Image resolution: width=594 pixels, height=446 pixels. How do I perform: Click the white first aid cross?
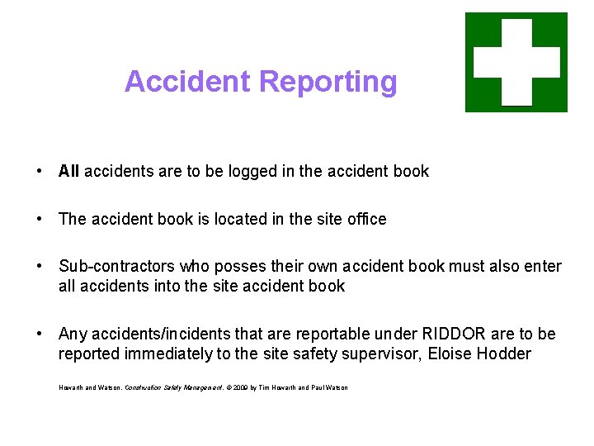(516, 62)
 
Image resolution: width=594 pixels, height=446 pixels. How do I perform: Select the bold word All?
(68, 172)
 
